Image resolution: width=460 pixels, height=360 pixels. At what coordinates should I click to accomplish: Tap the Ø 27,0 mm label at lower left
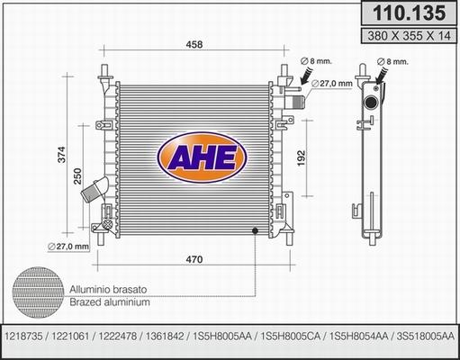coord(68,247)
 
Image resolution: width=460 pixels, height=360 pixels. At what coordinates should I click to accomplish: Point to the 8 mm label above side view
coord(392,61)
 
